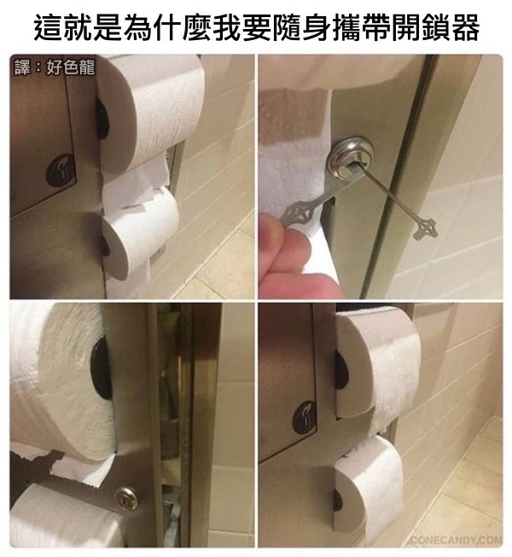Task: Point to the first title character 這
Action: click(49, 27)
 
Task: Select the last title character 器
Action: click(464, 27)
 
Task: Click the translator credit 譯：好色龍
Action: click(55, 67)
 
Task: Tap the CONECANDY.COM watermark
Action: click(457, 540)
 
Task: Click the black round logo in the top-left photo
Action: click(61, 171)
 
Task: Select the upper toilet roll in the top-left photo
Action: click(149, 113)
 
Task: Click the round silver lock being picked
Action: click(351, 159)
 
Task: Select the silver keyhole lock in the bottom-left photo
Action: click(126, 498)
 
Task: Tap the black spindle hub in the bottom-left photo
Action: click(101, 368)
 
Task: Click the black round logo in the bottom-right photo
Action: click(305, 418)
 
